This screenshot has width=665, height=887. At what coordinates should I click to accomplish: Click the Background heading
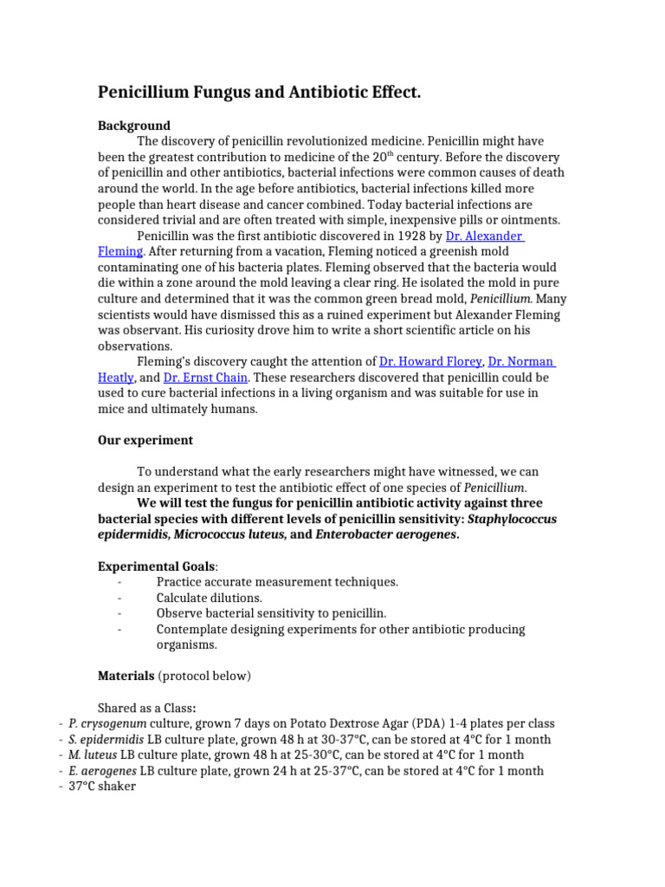[x=134, y=126]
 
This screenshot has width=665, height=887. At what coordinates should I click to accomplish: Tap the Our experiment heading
[x=145, y=440]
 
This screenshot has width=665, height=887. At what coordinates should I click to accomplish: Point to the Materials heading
[x=126, y=676]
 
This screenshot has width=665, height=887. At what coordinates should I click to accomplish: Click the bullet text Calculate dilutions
[x=209, y=598]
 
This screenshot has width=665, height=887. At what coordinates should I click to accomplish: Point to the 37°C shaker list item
[x=102, y=787]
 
